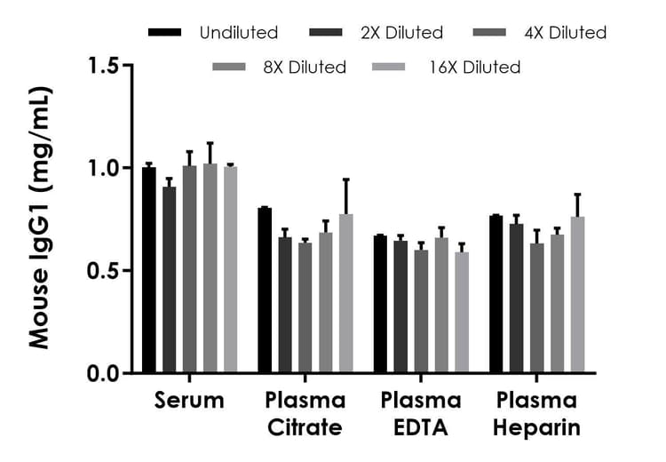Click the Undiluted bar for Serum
[x=148, y=270]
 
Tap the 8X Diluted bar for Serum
[x=210, y=268]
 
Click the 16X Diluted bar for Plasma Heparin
[x=577, y=295]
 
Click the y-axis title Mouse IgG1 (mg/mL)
[x=40, y=218]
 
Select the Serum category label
[x=189, y=401]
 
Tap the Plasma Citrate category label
[x=305, y=414]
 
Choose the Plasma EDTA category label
[x=421, y=414]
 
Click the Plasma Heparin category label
[x=537, y=414]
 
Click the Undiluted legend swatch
[x=165, y=33]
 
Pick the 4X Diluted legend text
[x=566, y=33]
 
